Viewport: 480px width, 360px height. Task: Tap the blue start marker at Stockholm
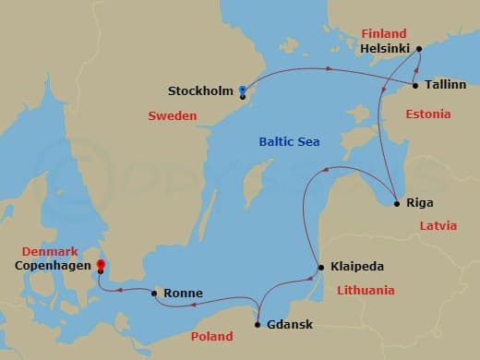pos(242,90)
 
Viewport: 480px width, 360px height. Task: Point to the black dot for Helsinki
pos(419,49)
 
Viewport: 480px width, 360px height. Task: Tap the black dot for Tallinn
pos(415,86)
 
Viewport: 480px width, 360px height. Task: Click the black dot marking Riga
pos(396,203)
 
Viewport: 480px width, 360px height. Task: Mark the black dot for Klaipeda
pos(320,268)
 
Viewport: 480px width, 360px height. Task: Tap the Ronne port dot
pos(154,293)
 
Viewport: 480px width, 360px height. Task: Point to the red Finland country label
pos(383,33)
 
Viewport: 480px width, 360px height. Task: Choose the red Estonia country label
pos(428,114)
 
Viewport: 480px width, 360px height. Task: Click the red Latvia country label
pos(438,225)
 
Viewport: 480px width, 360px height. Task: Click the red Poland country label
pos(211,337)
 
